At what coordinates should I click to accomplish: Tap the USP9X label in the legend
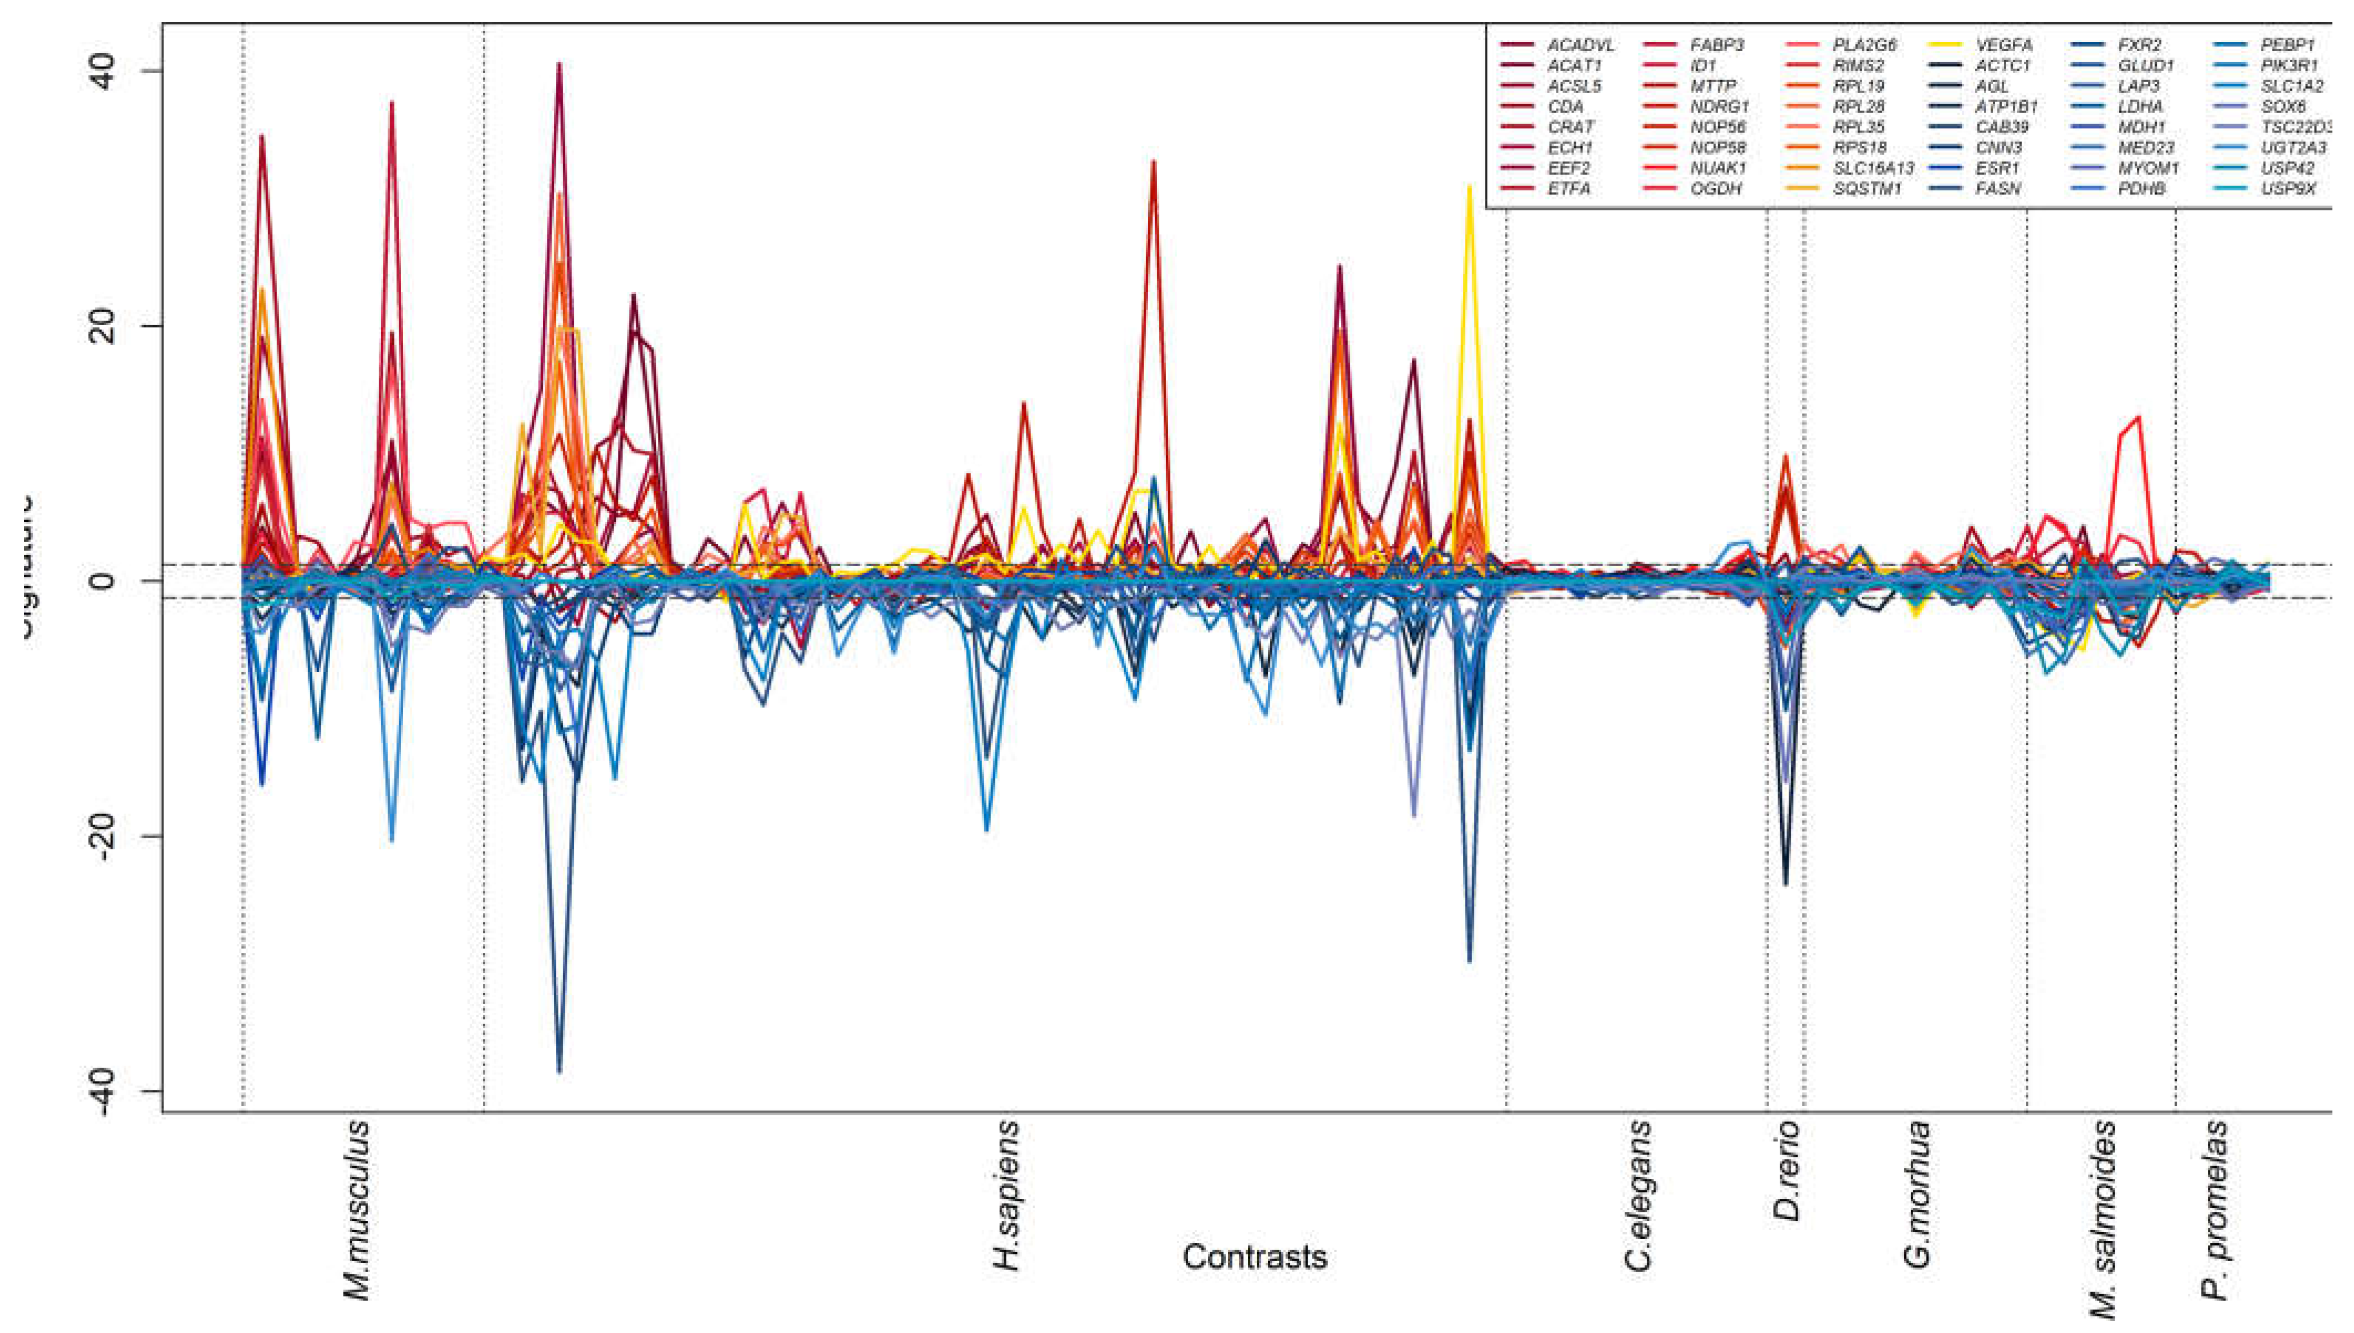pos(2300,188)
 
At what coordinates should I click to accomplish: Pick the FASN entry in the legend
pos(1998,188)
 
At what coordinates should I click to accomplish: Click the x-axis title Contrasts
pos(1254,1256)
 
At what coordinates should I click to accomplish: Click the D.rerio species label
pos(1786,1172)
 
